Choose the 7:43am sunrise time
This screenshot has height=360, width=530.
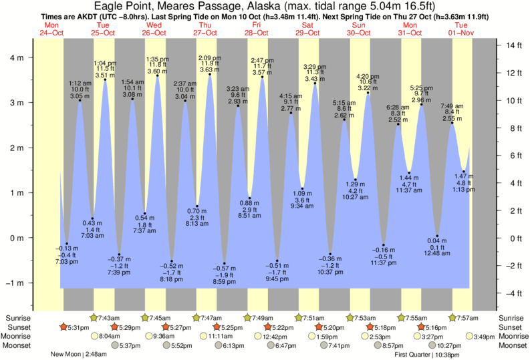109,317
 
